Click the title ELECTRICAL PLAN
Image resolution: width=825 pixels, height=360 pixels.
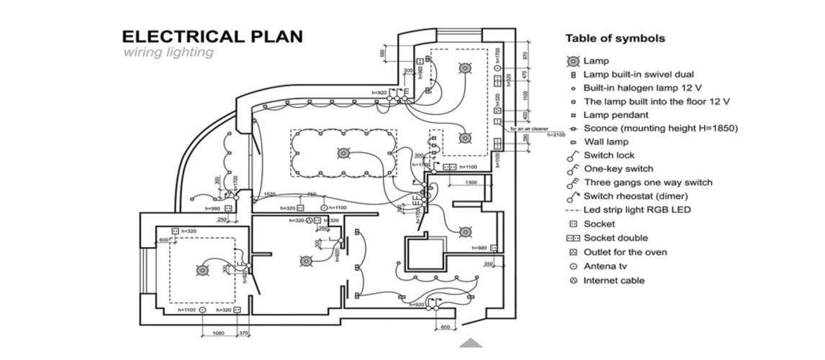[212, 37]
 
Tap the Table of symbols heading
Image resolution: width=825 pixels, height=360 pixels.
[615, 38]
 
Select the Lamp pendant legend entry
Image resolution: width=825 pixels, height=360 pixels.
[616, 114]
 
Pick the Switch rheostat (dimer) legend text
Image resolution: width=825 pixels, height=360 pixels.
[636, 196]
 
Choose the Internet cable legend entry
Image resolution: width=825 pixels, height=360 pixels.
[613, 281]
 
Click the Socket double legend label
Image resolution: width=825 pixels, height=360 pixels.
[616, 238]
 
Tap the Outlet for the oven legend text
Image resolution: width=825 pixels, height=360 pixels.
[625, 252]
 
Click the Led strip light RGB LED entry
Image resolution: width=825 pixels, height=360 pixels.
[637, 210]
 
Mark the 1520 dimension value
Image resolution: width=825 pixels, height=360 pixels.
[269, 194]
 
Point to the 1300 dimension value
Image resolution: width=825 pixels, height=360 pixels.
[471, 183]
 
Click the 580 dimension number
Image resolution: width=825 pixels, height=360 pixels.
[382, 54]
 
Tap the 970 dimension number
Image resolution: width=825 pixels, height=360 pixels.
[526, 55]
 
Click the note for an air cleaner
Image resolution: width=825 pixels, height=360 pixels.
[530, 128]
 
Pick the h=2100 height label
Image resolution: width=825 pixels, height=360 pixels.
[556, 135]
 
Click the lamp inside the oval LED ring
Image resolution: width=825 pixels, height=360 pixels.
[343, 153]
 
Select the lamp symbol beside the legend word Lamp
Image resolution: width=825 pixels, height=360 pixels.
[573, 61]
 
